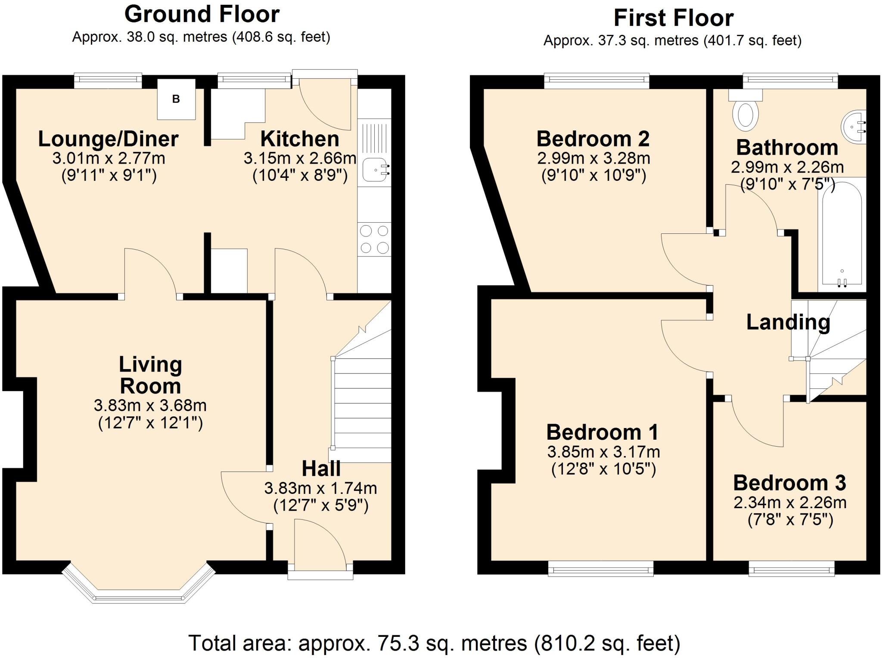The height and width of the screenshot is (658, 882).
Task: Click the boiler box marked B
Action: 176,99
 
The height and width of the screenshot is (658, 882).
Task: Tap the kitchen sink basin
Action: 374,170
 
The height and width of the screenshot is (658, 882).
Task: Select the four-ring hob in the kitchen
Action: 374,239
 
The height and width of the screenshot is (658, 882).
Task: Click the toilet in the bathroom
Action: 745,113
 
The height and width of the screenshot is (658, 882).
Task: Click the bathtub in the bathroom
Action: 842,235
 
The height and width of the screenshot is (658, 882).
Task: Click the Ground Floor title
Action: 202,14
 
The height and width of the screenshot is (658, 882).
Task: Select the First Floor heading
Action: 673,18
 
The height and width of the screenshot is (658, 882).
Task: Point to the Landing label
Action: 788,322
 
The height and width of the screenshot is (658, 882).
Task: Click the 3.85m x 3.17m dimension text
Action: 603,452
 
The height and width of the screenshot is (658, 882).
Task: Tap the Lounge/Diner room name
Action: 108,139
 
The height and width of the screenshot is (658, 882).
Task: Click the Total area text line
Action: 434,643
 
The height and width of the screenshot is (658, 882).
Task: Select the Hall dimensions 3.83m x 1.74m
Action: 320,488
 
